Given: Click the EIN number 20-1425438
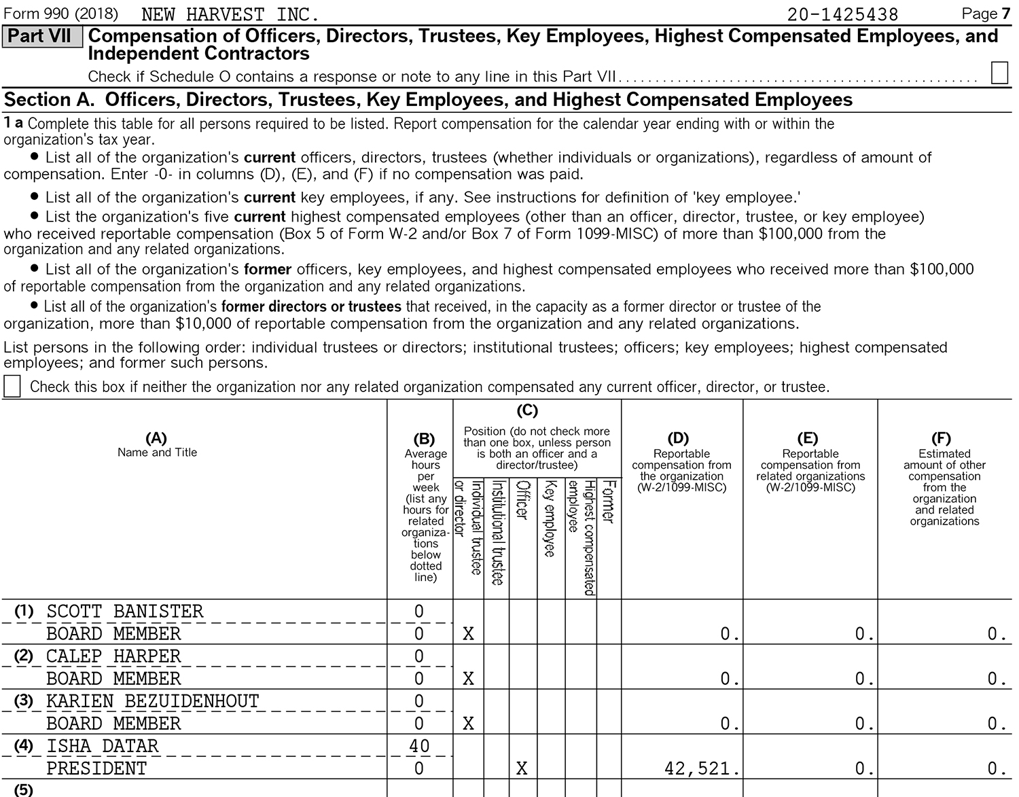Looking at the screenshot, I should click(x=842, y=14).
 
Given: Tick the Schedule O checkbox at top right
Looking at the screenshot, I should click(x=999, y=73).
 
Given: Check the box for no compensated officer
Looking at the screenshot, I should click(x=12, y=387).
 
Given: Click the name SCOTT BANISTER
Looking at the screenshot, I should click(x=124, y=612).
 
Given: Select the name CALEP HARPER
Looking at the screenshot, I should click(x=113, y=656).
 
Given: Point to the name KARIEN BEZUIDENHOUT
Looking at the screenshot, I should click(x=152, y=701).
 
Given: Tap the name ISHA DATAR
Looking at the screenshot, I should click(x=102, y=746).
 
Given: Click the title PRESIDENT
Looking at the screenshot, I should click(x=96, y=768).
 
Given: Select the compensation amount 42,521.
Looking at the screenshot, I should click(x=701, y=768).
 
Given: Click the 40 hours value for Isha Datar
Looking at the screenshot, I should click(x=419, y=746).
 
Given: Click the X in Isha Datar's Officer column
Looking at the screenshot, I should click(x=522, y=768).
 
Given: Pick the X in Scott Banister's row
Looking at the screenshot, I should click(x=468, y=634).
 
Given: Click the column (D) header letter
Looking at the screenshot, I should click(x=678, y=438).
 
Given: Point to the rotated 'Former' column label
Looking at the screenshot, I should click(x=609, y=502).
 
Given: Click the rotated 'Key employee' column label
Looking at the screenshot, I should click(x=550, y=519).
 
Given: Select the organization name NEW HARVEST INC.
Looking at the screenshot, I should click(x=230, y=14).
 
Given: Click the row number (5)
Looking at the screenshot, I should click(x=23, y=790).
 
